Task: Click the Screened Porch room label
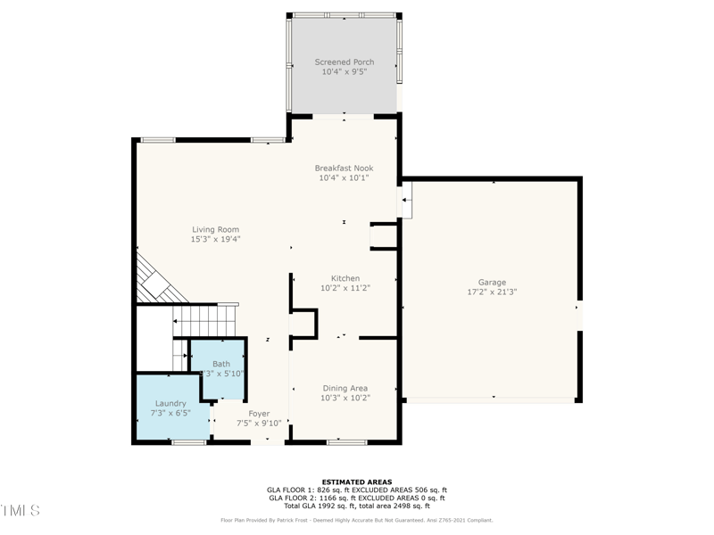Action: (x=344, y=62)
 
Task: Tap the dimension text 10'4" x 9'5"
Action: (x=344, y=72)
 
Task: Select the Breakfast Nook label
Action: (x=344, y=168)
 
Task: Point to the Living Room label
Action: (x=215, y=229)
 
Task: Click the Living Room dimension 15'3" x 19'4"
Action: (x=215, y=239)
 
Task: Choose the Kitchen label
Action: (x=345, y=278)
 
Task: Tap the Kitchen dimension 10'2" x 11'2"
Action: (x=345, y=288)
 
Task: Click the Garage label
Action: (x=492, y=282)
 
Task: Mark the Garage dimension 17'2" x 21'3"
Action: (x=492, y=292)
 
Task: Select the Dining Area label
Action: (x=345, y=388)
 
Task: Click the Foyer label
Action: (x=259, y=413)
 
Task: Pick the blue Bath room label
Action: (x=220, y=364)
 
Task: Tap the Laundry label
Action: (x=170, y=403)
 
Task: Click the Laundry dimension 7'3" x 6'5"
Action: (x=170, y=413)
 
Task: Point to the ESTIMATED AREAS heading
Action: (x=356, y=482)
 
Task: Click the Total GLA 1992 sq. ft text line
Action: (x=356, y=506)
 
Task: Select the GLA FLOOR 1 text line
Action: (x=356, y=490)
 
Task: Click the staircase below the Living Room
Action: (x=205, y=321)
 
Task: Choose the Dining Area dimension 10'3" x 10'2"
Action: (x=345, y=398)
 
